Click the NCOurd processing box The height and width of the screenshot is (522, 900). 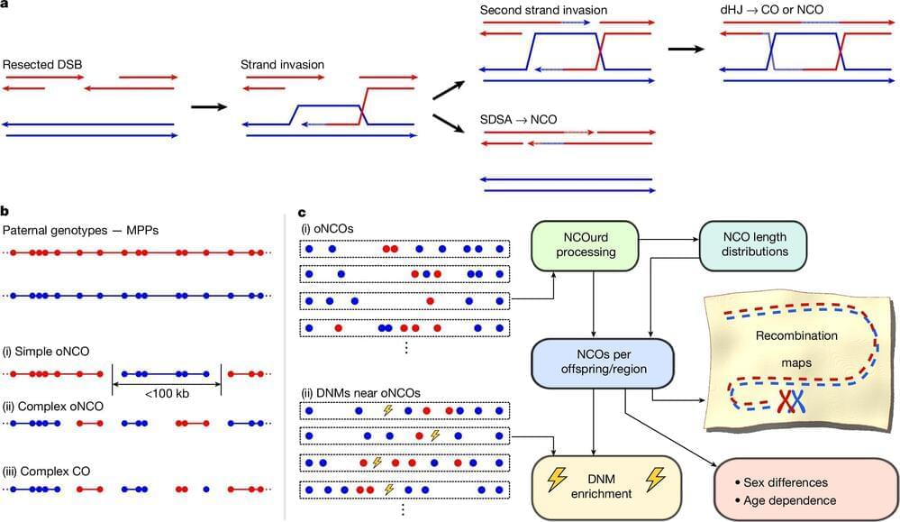click(x=586, y=244)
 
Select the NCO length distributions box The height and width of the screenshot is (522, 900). click(x=753, y=244)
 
